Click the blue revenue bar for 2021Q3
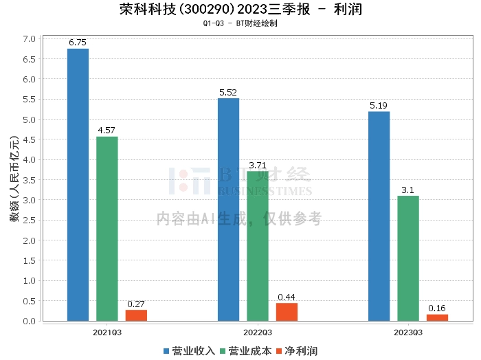[x=78, y=184]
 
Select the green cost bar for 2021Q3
[x=107, y=228]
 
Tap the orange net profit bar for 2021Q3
[x=136, y=315]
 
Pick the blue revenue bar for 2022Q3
[x=228, y=209]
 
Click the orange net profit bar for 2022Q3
[x=287, y=312]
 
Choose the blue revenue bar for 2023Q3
[x=379, y=216]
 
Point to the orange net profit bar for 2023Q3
[x=437, y=317]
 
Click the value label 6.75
[x=78, y=43]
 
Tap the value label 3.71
[x=258, y=165]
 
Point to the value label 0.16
[x=437, y=308]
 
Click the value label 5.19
[x=379, y=105]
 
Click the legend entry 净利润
[x=297, y=351]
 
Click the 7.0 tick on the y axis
[x=30, y=38]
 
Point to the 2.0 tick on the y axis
[x=30, y=240]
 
